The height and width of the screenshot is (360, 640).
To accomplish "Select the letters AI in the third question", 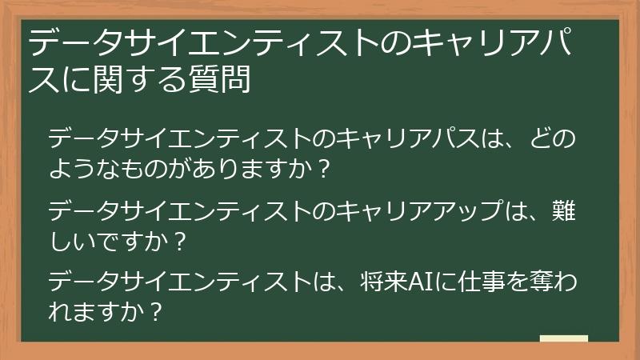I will [420, 282].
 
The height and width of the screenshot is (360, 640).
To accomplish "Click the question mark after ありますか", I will [322, 170].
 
